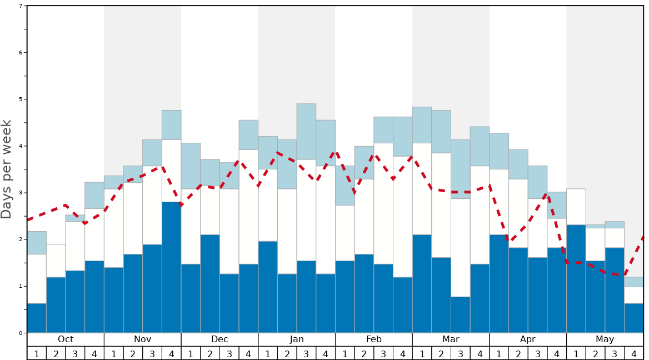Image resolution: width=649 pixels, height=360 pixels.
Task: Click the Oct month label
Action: click(66, 339)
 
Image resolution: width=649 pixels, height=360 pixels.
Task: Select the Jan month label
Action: click(297, 339)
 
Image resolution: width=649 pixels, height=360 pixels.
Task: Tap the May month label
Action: click(605, 339)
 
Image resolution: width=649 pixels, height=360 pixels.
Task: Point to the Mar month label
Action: click(451, 339)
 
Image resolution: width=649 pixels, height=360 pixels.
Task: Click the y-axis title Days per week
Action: click(7, 169)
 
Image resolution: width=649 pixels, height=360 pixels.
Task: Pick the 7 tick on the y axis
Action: click(21, 6)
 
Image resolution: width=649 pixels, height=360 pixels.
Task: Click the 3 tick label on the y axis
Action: click(21, 193)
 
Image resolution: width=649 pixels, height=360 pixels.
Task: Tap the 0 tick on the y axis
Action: click(21, 333)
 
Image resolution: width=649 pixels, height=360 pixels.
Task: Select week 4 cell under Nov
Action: click(171, 353)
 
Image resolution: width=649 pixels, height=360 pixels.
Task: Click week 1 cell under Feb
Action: click(345, 353)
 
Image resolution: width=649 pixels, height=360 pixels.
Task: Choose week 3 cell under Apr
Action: click(537, 353)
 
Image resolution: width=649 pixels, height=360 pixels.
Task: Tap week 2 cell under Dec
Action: click(210, 353)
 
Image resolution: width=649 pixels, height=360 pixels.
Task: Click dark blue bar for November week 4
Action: click(171, 267)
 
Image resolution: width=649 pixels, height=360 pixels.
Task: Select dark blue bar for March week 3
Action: click(460, 315)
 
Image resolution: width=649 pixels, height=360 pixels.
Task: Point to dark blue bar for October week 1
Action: click(37, 318)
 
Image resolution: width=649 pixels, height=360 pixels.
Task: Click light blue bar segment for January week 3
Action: click(306, 132)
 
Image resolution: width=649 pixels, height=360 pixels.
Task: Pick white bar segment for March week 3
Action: click(460, 248)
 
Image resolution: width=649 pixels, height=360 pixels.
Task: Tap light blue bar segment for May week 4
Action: click(634, 282)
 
